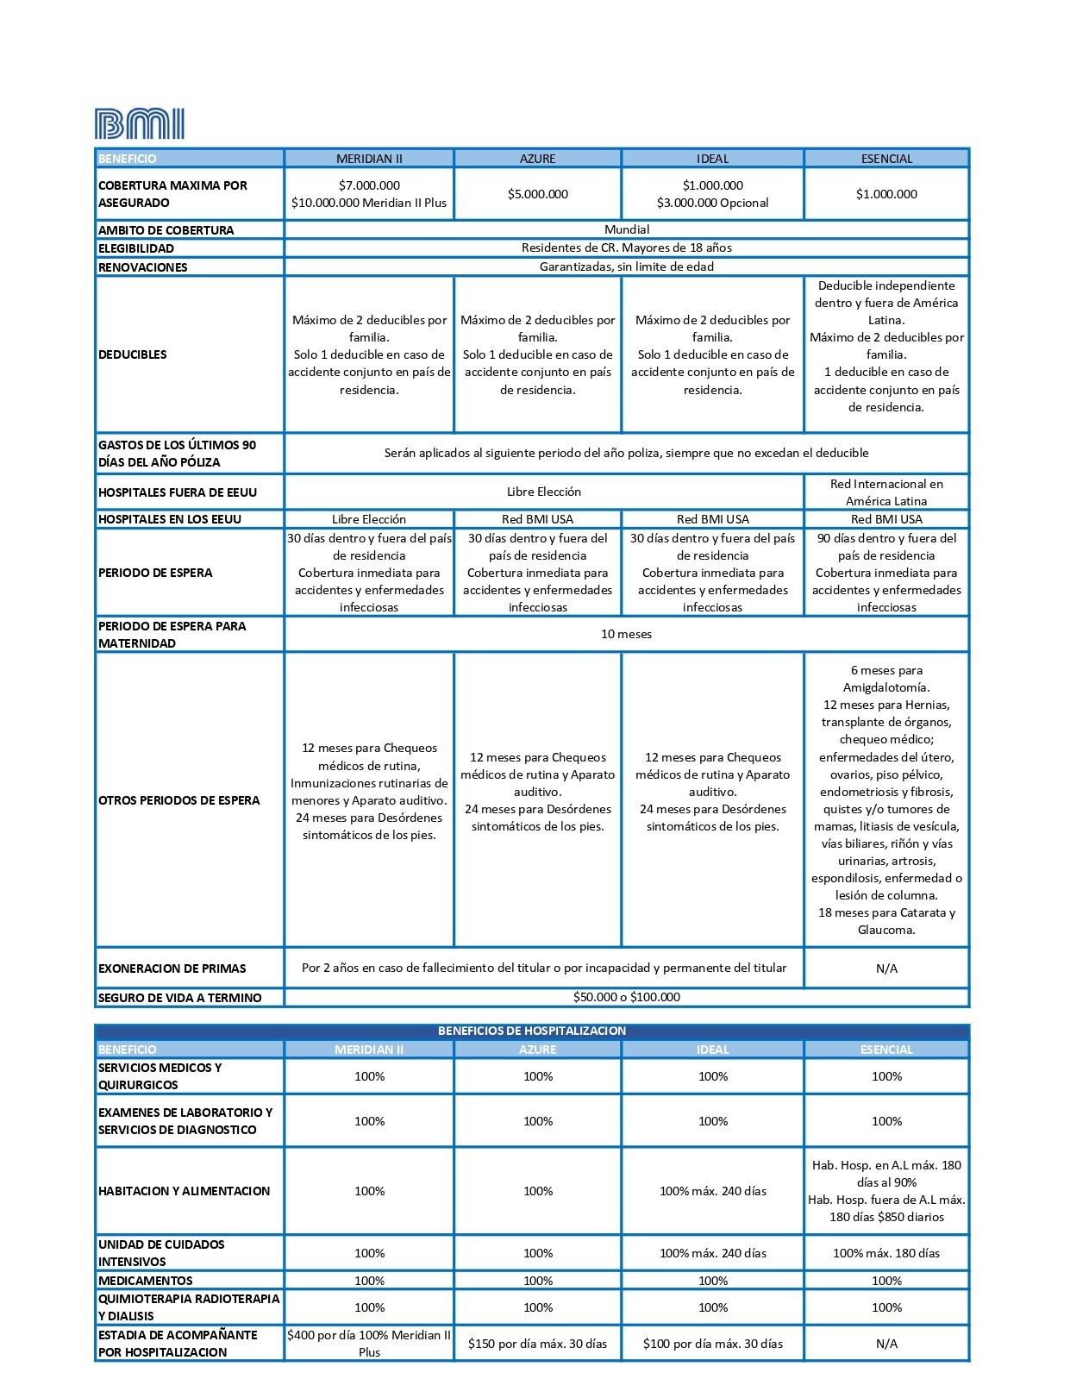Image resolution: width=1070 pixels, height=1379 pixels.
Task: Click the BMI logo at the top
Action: tap(139, 124)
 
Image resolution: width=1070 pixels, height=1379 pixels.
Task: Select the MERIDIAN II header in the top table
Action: tap(369, 159)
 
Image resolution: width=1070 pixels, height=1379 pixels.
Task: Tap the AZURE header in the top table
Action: tap(537, 159)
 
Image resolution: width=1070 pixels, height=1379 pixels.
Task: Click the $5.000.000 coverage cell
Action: tap(537, 194)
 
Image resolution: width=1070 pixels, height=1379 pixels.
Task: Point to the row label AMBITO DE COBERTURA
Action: tap(166, 230)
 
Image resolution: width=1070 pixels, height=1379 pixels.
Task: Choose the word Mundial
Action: tap(627, 229)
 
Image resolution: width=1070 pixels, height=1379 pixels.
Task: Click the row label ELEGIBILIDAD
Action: tap(136, 248)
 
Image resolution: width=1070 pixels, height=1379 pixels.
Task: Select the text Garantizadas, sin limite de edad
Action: tap(627, 266)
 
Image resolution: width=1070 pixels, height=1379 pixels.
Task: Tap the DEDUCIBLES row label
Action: tap(133, 354)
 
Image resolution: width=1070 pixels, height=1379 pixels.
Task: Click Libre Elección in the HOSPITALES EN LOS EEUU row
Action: tap(369, 519)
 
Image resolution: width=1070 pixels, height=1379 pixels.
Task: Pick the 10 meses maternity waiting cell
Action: tap(627, 634)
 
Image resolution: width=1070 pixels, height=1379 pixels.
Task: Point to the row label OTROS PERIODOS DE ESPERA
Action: tap(179, 800)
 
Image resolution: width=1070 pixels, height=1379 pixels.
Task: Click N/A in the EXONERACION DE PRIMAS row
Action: tap(886, 968)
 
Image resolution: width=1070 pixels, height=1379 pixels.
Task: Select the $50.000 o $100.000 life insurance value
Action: tap(627, 997)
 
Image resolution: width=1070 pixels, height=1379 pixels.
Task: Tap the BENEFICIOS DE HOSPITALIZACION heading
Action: tap(532, 1031)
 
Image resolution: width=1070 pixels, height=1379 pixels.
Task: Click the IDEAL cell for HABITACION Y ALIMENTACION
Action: tap(713, 1191)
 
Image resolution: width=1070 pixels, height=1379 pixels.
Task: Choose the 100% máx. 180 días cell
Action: tap(886, 1253)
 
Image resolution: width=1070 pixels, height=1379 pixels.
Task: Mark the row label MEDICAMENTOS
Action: tap(146, 1281)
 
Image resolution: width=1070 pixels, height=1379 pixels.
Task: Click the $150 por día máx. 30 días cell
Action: tap(537, 1344)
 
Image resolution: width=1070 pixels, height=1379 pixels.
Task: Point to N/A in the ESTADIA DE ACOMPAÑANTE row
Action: tap(886, 1344)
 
